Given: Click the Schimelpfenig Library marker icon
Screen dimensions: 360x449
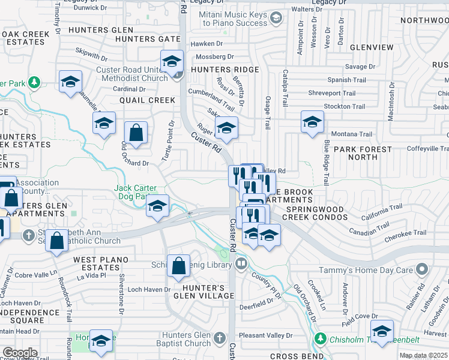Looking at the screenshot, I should click(241, 263).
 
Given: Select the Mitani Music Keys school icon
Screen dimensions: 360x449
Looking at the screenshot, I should click(276, 18).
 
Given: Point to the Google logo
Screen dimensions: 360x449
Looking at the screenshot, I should click(20, 353).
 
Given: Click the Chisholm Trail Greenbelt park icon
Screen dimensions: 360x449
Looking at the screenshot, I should click(321, 339).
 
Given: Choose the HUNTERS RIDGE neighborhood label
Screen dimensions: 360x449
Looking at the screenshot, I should click(224, 70).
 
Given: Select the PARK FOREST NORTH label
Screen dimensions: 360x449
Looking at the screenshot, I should click(363, 153).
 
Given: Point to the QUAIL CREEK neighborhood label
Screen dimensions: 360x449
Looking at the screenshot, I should click(147, 100).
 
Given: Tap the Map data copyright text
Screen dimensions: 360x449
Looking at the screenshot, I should click(423, 355).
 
